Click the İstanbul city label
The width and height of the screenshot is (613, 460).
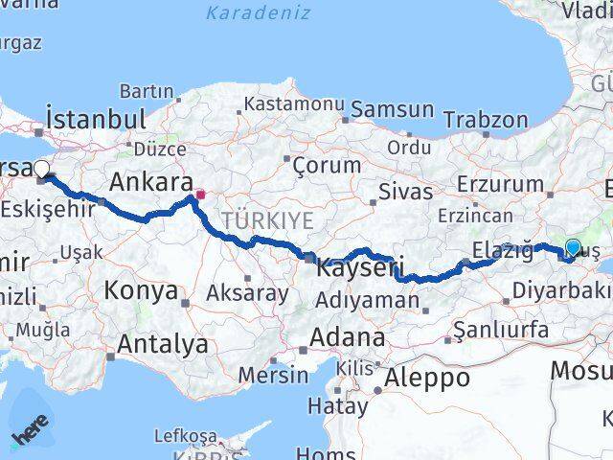coord(96,120)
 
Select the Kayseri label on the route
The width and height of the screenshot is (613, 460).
coord(360,267)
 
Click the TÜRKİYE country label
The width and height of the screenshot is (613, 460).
coord(267,220)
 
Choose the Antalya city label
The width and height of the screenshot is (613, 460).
coord(163,343)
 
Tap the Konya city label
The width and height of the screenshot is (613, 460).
coord(141,290)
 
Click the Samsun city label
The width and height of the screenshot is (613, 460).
coord(393,110)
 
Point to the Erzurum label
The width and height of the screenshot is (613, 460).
coord(499,183)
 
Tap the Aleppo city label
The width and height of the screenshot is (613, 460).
coord(426,378)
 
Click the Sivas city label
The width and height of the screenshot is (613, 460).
coord(405,191)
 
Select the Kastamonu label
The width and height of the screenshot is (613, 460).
coord(294,103)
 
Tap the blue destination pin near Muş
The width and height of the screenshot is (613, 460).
coord(573,248)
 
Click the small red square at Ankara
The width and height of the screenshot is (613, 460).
coord(200,195)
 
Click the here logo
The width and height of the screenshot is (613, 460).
coord(31,434)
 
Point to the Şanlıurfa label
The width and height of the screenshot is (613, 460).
coord(501,331)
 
